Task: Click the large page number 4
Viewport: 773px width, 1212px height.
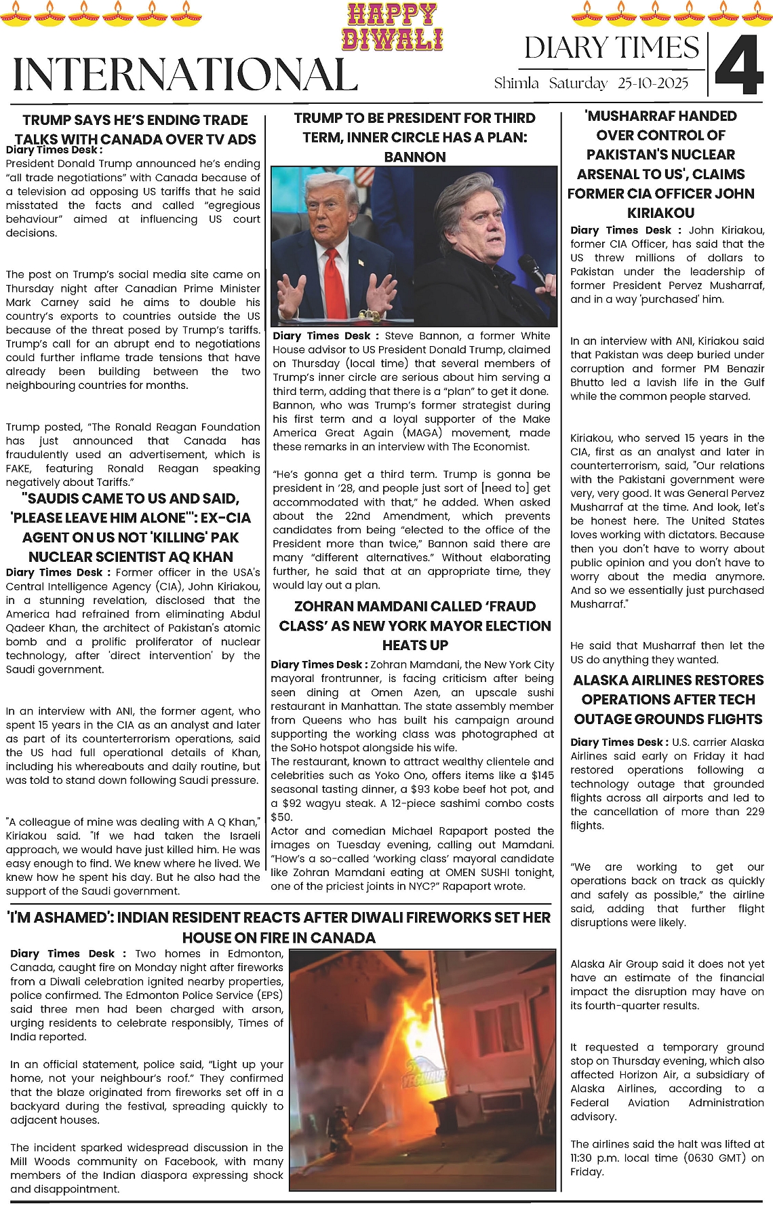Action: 739,64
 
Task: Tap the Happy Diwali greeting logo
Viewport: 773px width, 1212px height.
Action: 393,27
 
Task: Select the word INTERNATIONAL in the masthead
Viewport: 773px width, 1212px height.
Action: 185,75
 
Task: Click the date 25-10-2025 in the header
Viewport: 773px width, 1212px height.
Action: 652,83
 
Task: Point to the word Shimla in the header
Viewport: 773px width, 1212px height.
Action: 516,83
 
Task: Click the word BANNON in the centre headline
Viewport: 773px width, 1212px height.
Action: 414,157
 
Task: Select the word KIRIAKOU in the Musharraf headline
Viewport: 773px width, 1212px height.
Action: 660,212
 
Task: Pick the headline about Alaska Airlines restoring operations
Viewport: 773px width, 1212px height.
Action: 668,700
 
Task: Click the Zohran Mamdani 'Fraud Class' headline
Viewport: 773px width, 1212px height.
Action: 414,626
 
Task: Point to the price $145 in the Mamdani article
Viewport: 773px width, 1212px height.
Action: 542,775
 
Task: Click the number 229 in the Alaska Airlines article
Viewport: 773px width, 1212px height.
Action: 755,812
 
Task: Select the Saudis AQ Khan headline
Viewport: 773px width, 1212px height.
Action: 130,527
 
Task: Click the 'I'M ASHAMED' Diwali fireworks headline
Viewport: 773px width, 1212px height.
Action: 279,927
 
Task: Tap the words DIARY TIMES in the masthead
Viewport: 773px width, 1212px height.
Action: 611,48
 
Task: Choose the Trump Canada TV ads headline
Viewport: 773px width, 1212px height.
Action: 135,130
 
